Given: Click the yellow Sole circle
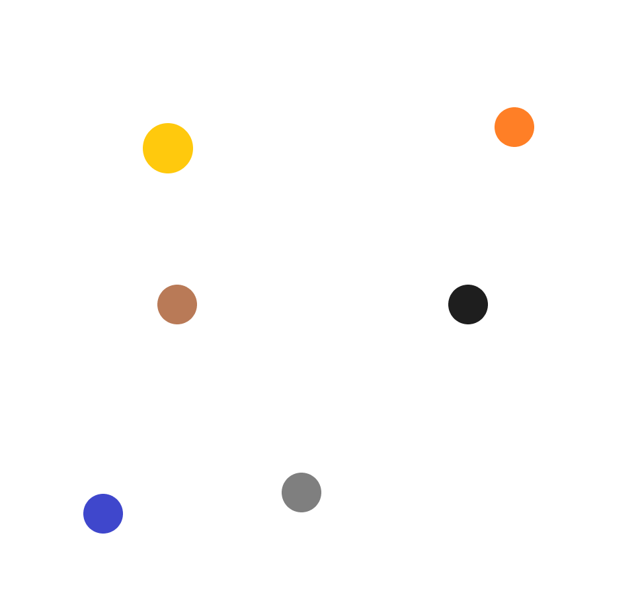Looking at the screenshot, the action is click(168, 148).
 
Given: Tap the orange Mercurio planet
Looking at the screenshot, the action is click(514, 126).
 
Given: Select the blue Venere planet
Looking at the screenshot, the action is click(103, 513).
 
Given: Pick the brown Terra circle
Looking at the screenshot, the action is click(177, 304).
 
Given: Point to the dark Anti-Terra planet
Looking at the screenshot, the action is click(468, 304).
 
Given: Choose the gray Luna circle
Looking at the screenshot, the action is click(301, 492).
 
